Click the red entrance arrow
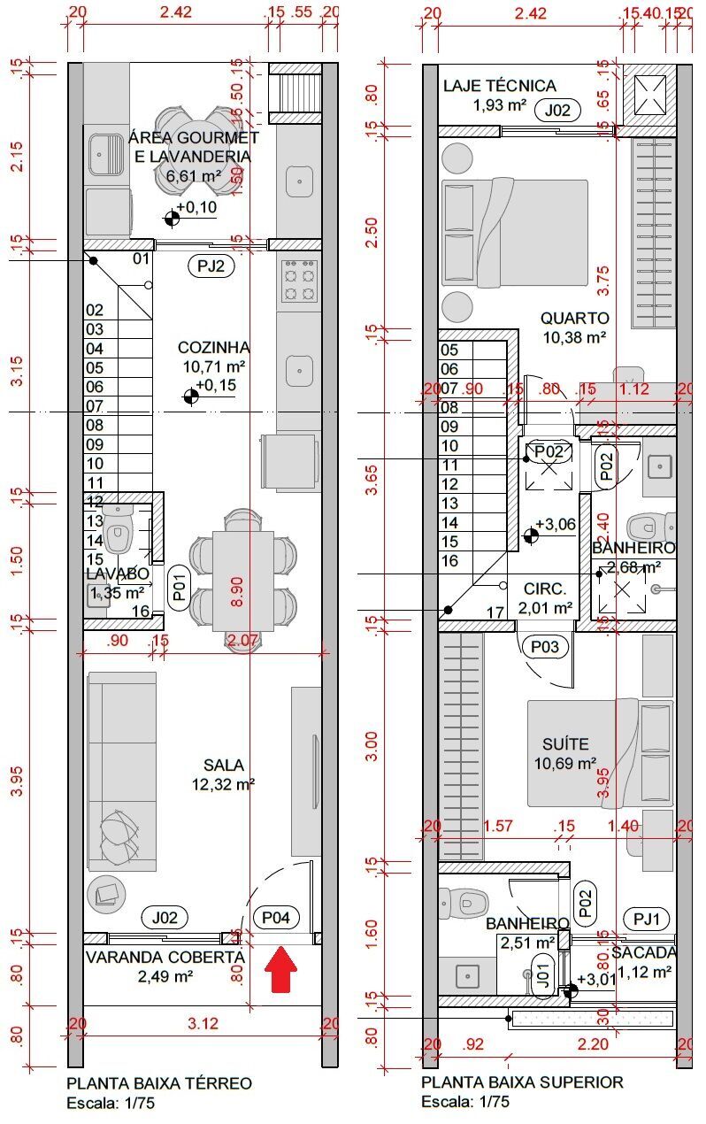click(281, 970)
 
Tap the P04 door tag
click(275, 918)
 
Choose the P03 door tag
click(544, 647)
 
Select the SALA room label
click(223, 765)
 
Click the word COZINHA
click(213, 347)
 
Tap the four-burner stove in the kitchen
click(300, 282)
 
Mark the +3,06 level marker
click(551, 525)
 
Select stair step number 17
click(495, 612)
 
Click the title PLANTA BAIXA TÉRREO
click(159, 1083)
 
